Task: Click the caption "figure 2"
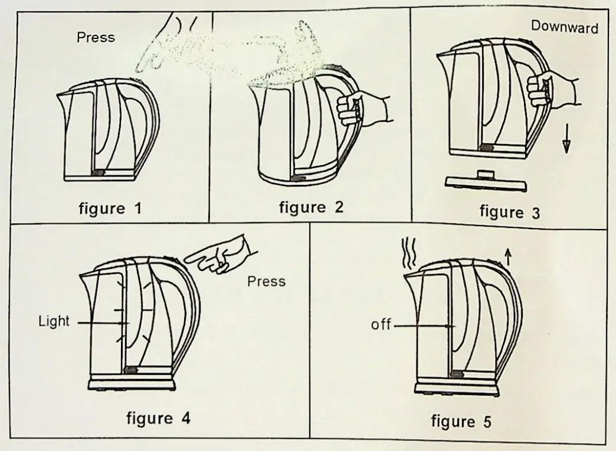(x=310, y=208)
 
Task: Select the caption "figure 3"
(x=509, y=211)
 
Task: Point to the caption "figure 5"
(x=460, y=421)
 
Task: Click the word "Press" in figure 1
(x=96, y=38)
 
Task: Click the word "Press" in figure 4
(x=266, y=281)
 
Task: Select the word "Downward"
(x=565, y=27)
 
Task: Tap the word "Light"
(x=54, y=322)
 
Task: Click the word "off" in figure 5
(x=381, y=325)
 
